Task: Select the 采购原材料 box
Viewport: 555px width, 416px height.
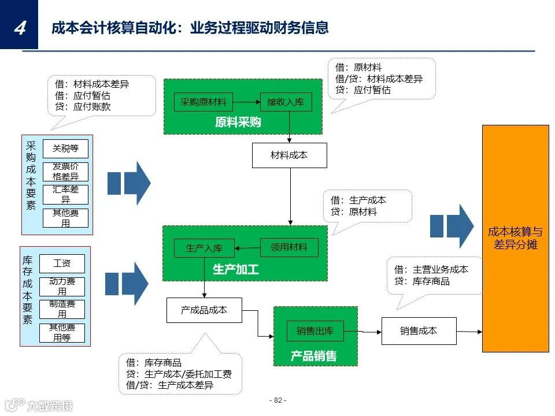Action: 203,102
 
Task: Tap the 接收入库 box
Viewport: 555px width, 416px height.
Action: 285,102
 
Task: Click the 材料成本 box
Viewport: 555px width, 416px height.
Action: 289,155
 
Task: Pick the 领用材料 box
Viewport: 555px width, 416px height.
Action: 289,247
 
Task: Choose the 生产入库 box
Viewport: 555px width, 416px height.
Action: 204,248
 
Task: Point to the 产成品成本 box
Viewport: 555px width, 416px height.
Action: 204,310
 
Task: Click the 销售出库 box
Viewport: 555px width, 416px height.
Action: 315,331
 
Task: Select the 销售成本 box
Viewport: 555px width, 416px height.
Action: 419,331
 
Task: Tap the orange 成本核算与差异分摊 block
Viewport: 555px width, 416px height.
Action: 515,238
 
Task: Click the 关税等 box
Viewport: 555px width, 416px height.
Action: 65,148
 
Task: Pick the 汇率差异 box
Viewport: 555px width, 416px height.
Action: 65,194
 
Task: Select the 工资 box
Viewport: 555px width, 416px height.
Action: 62,263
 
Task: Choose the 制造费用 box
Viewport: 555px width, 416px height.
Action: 62,309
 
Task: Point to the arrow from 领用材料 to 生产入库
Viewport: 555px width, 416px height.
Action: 247,248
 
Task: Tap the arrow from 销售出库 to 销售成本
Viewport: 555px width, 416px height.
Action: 362,331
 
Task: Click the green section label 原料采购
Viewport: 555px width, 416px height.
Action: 238,122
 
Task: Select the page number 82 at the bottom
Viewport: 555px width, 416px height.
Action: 277,400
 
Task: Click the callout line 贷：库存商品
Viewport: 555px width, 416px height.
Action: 421,281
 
